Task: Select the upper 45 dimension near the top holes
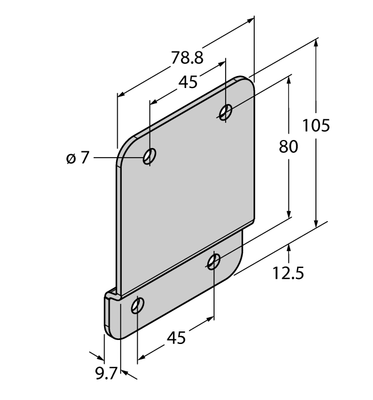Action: tap(188, 82)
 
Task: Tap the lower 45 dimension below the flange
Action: tap(176, 338)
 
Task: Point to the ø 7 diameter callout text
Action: tap(78, 158)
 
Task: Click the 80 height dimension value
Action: tap(288, 147)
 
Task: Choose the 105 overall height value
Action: tap(316, 125)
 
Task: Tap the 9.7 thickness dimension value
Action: tap(106, 374)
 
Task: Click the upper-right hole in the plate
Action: tap(226, 112)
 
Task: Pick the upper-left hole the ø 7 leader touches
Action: tap(150, 156)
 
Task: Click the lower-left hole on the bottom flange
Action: tap(138, 306)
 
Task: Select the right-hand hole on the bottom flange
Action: tap(214, 262)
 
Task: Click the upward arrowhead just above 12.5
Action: tap(290, 247)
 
